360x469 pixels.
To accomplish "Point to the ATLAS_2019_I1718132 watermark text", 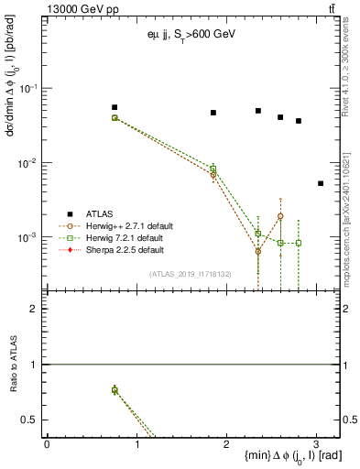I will tap(191, 273).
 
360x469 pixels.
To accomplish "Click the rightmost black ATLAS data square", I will tap(321, 183).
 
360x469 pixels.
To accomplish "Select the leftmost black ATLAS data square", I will tap(115, 107).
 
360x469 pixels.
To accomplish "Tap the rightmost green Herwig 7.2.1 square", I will tap(299, 243).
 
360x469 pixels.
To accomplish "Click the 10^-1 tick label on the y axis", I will tap(28, 88).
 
